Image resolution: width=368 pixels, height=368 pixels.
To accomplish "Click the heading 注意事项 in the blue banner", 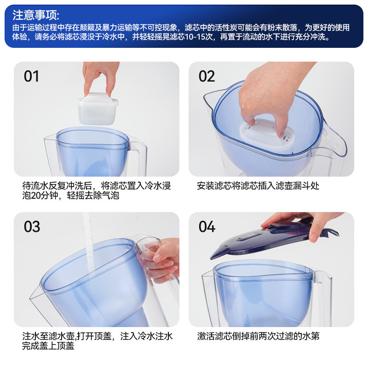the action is click(x=36, y=15).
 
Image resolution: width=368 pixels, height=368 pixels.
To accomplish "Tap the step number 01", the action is click(x=31, y=76).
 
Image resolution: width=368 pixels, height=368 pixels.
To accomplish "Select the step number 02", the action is click(x=207, y=76).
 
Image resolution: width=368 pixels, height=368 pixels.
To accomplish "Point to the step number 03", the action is click(x=32, y=227).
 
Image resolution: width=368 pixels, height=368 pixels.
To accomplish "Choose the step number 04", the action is click(x=207, y=227).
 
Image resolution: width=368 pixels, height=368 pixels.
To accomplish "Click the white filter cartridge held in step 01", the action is click(x=98, y=109).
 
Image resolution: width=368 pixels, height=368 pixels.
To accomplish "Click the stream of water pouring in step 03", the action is click(x=89, y=242).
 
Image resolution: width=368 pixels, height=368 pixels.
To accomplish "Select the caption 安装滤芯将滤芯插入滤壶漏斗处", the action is click(x=258, y=186).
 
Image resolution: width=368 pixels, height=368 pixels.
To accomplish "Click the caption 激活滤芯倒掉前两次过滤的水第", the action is click(x=258, y=336).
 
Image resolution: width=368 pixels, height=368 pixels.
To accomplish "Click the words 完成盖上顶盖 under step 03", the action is click(x=48, y=346).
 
